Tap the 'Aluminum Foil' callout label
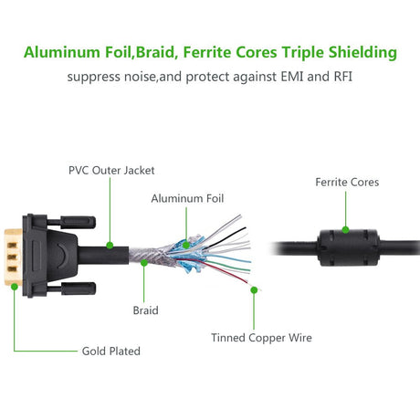[187, 198]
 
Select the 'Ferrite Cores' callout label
[346, 182]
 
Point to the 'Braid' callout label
[145, 310]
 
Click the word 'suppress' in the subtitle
[93, 77]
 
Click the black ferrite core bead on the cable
[346, 245]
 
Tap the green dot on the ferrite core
[346, 228]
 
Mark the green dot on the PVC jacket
[110, 245]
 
